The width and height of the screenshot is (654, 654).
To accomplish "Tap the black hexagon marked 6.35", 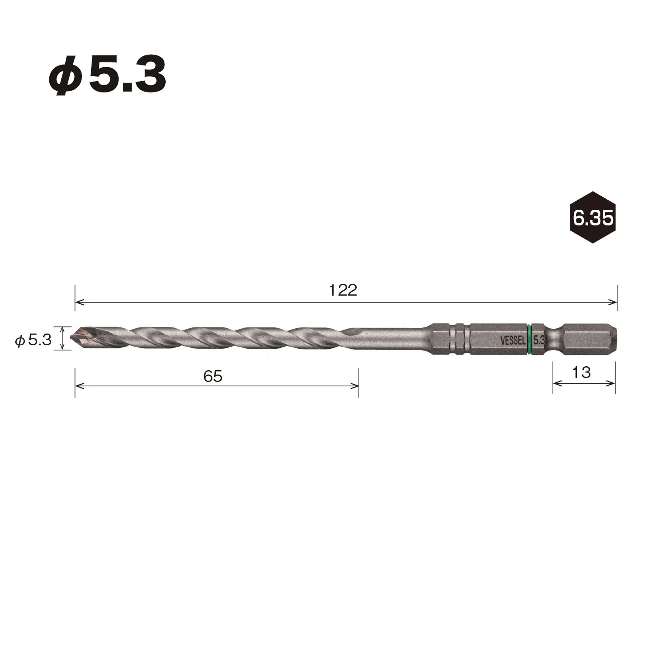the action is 593,217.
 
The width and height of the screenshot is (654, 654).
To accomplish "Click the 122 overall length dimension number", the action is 343,290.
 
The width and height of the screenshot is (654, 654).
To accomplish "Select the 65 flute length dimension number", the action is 213,376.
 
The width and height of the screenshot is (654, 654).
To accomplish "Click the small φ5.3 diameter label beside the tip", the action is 34,340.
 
